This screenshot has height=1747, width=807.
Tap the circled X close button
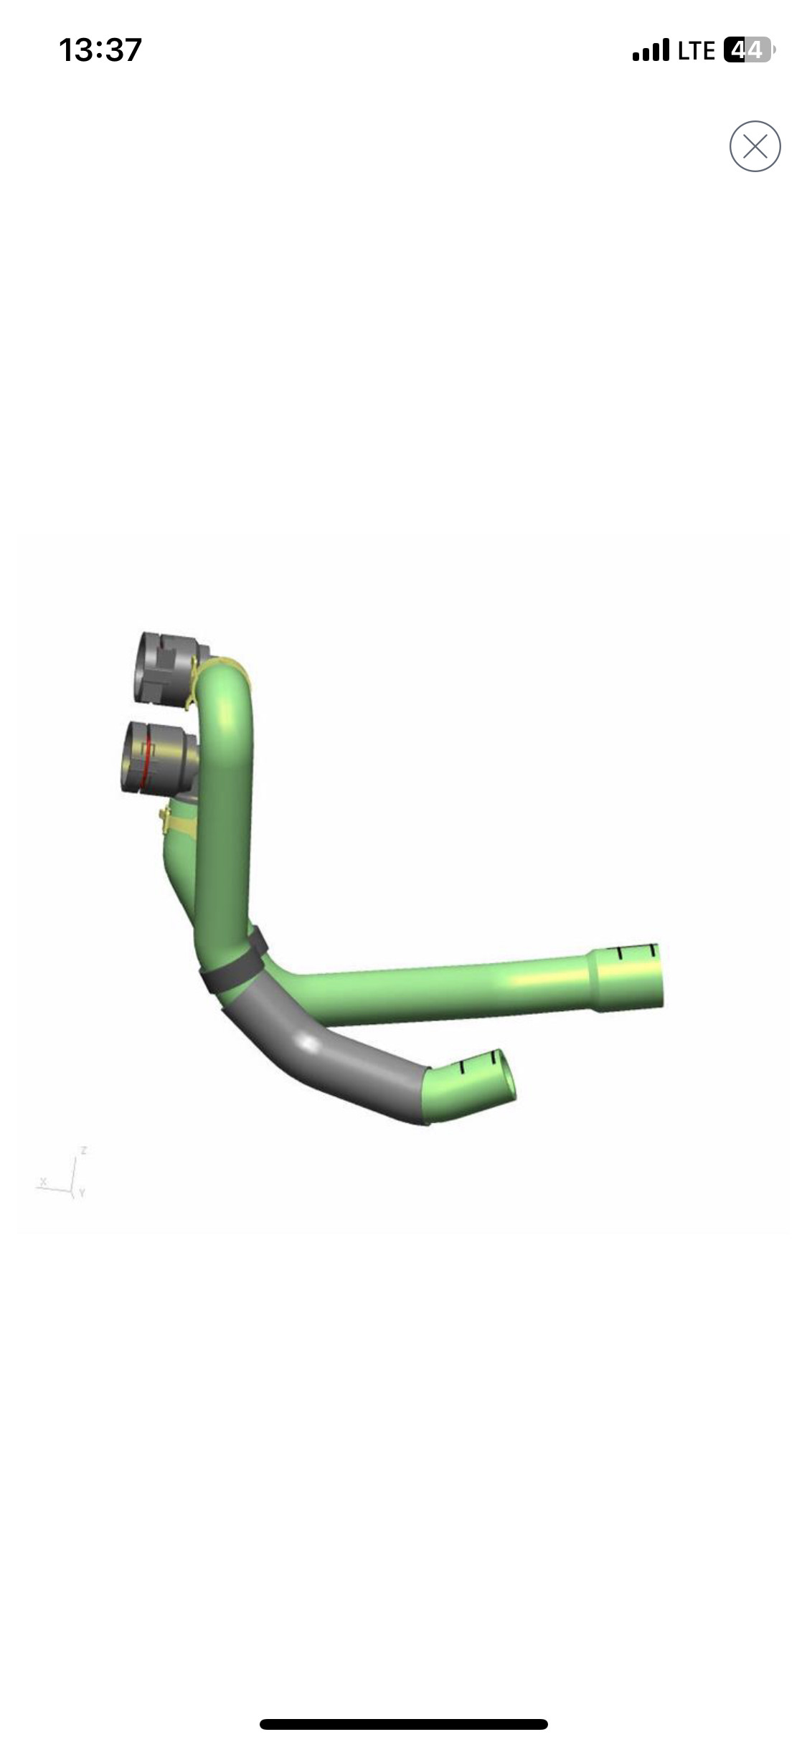pyautogui.click(x=755, y=146)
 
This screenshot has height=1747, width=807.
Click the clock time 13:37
pyautogui.click(x=100, y=50)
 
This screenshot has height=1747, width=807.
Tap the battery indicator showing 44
pyautogui.click(x=749, y=50)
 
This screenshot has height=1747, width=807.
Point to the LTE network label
pyautogui.click(x=696, y=51)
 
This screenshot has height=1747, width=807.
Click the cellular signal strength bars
pyautogui.click(x=651, y=51)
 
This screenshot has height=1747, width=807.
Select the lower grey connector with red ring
pyautogui.click(x=159, y=757)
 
